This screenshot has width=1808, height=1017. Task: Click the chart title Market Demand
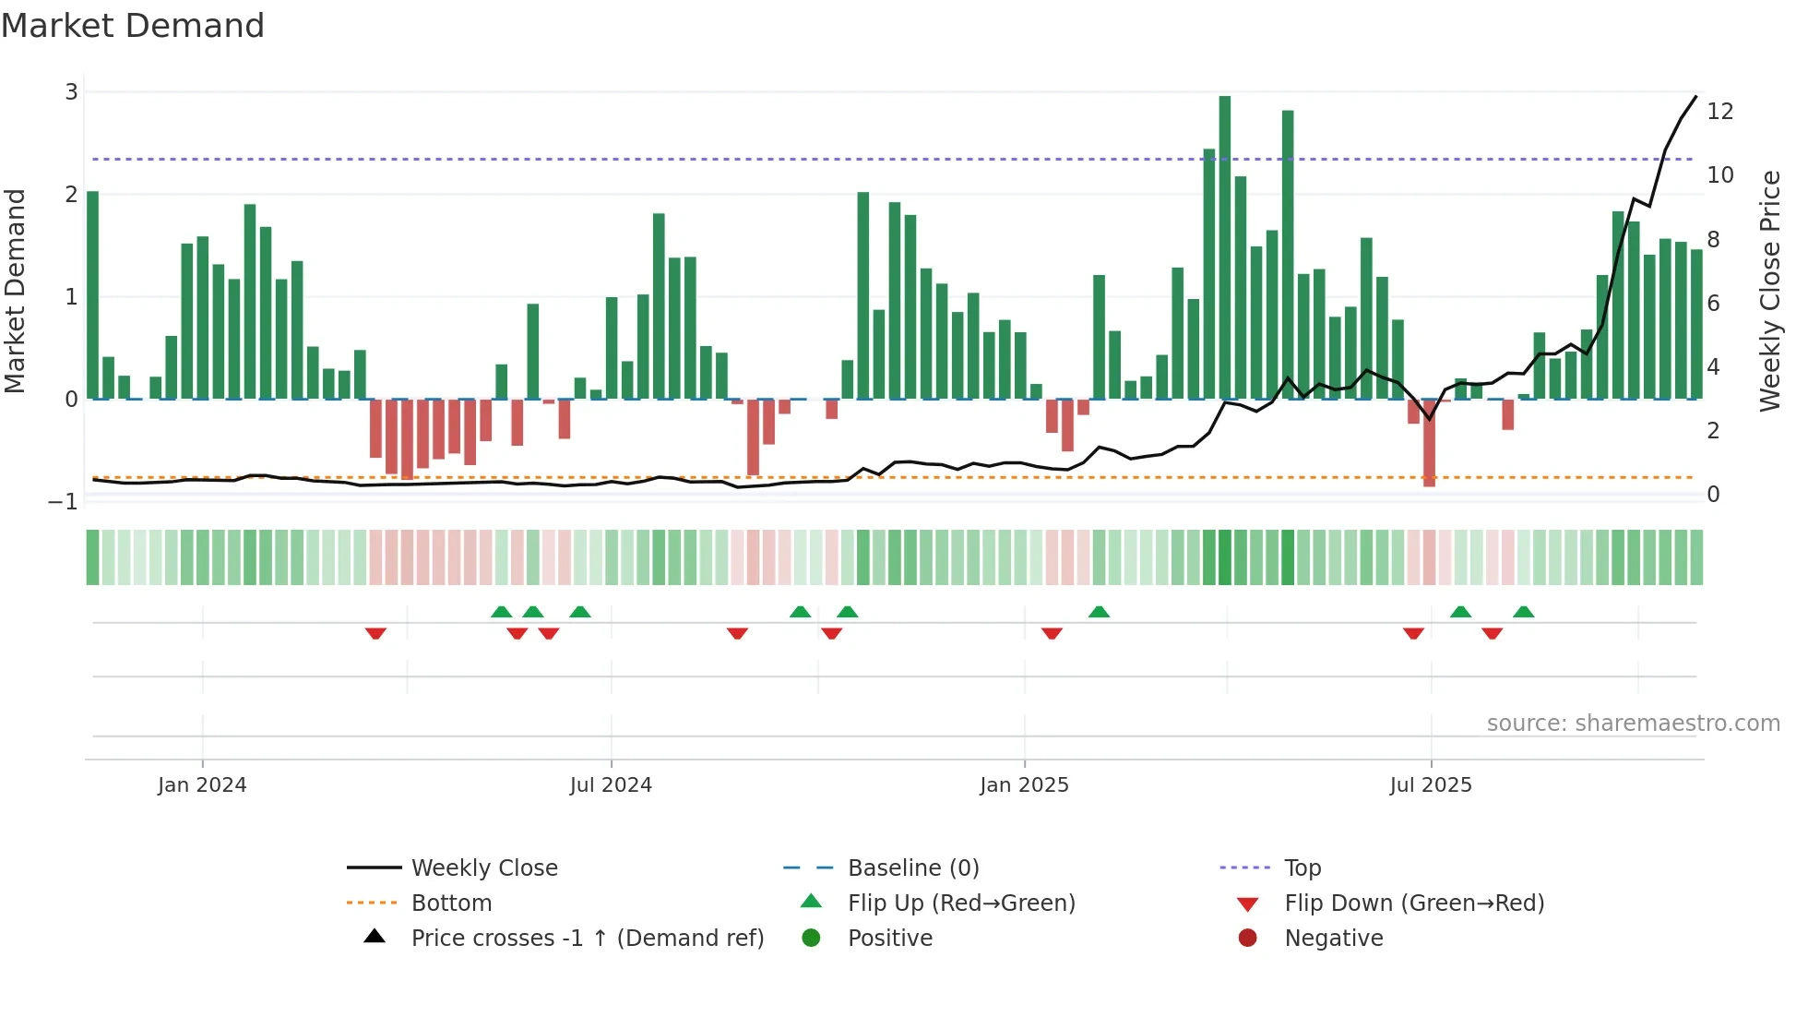click(133, 26)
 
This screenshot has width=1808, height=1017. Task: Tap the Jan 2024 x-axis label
click(202, 785)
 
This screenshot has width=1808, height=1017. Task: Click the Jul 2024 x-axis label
click(611, 785)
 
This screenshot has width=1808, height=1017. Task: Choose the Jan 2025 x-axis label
click(1024, 785)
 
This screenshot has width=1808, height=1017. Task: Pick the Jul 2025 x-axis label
click(1431, 785)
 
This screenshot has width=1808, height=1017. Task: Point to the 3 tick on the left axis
click(71, 92)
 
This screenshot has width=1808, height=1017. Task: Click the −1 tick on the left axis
click(64, 502)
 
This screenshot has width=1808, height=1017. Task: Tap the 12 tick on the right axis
click(1720, 112)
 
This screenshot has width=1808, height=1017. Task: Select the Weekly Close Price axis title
click(1769, 291)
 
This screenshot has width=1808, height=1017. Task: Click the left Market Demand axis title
click(16, 291)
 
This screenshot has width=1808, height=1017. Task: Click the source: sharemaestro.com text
click(1633, 724)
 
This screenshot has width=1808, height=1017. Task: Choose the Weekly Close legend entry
click(484, 868)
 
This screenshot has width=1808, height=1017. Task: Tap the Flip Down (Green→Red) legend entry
click(1413, 903)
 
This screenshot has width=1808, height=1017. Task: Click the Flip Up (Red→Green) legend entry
click(961, 903)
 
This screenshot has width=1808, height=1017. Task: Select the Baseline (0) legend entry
click(912, 868)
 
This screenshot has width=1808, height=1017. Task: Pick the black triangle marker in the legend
click(375, 937)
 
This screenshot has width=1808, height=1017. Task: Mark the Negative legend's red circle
click(1247, 939)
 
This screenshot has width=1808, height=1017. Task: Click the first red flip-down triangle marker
click(375, 633)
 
